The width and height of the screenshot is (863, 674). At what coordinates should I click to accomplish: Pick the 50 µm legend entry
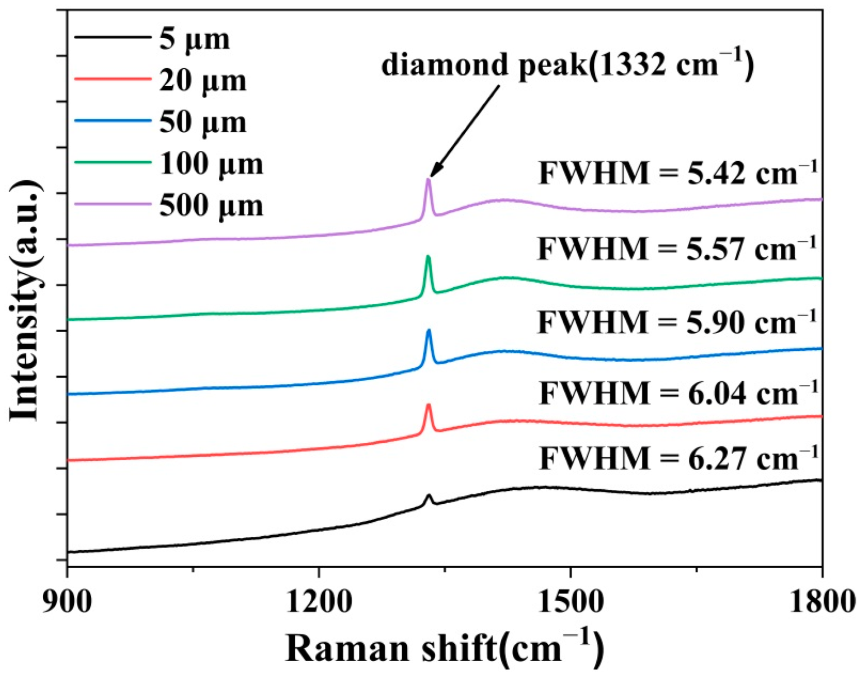[202, 123]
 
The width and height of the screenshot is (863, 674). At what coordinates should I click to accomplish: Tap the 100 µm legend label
[211, 164]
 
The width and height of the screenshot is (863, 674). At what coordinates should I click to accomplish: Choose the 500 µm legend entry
[211, 206]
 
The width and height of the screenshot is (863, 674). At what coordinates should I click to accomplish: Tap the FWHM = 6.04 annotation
[678, 392]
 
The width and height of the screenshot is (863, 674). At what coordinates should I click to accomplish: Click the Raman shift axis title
[445, 648]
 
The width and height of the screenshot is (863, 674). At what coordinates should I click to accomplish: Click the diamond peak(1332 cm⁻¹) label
[568, 64]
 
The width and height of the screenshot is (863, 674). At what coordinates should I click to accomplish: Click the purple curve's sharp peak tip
[428, 180]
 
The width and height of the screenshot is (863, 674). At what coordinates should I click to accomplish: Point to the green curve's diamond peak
[428, 257]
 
